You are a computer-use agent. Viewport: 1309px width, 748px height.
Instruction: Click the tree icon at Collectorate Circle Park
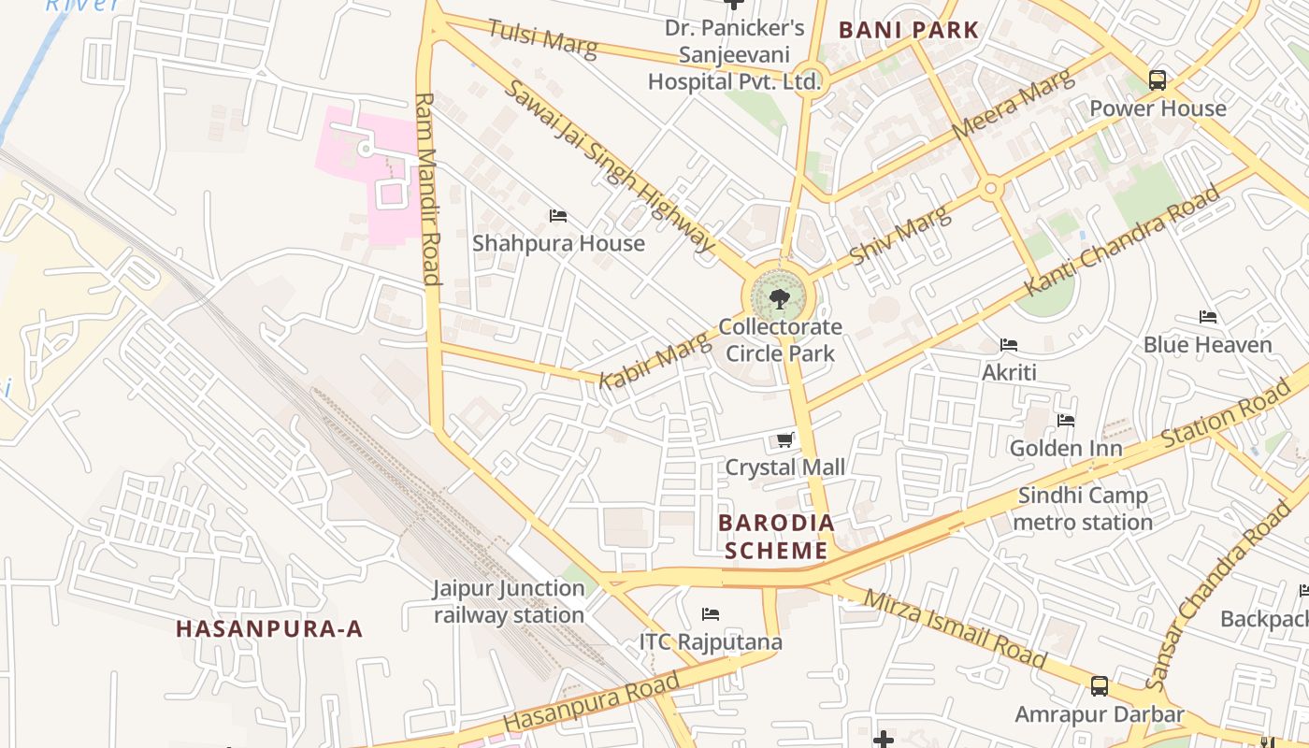click(x=779, y=299)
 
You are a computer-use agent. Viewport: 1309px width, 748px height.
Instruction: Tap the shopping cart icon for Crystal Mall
click(x=785, y=439)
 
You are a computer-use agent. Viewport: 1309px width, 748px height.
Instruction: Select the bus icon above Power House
click(x=1158, y=80)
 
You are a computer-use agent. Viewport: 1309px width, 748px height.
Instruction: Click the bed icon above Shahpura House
click(x=558, y=216)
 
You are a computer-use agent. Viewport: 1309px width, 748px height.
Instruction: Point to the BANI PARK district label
click(x=908, y=30)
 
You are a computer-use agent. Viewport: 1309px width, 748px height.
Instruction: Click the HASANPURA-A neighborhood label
click(x=269, y=628)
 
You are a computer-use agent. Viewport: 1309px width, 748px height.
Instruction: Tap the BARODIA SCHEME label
click(x=776, y=537)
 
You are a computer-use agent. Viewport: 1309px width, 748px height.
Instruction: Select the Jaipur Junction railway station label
click(x=509, y=602)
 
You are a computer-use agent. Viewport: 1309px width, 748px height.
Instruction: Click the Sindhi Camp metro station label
click(x=1083, y=509)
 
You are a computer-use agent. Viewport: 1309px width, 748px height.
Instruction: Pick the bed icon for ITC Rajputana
click(x=711, y=614)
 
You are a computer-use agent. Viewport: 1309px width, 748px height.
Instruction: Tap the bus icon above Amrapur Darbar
click(x=1100, y=686)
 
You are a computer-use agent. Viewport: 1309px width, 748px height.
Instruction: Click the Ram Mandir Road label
click(x=427, y=187)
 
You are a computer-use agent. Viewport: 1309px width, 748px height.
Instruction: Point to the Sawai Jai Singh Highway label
click(x=610, y=166)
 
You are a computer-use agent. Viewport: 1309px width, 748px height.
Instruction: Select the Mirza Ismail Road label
click(x=954, y=628)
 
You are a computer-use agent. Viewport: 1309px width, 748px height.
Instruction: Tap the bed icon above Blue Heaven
click(x=1208, y=317)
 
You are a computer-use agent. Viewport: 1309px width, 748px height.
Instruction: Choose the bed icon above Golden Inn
click(x=1066, y=421)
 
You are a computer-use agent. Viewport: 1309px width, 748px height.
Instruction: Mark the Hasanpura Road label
click(x=591, y=703)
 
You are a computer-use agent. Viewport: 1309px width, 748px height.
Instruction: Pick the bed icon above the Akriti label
click(x=1009, y=345)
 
